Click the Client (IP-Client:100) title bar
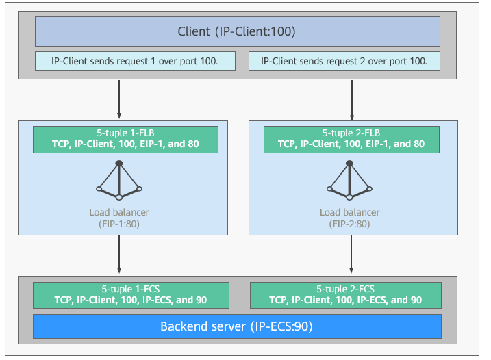click(238, 31)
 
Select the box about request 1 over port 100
click(135, 61)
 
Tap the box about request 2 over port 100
click(344, 61)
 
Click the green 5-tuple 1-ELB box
click(125, 140)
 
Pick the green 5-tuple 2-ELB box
click(351, 140)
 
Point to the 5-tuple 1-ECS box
click(131, 295)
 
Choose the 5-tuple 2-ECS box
click(346, 295)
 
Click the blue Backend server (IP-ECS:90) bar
click(237, 326)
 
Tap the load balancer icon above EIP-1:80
click(119, 180)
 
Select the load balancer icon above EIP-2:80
click(349, 180)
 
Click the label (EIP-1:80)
click(119, 224)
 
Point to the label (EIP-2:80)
click(349, 224)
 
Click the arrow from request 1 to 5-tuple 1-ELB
click(119, 99)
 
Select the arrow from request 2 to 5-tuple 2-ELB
click(352, 101)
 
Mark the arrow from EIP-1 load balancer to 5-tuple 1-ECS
click(119, 255)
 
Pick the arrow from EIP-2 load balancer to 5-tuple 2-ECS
click(351, 255)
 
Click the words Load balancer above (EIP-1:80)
click(119, 212)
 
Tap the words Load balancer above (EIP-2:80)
click(349, 212)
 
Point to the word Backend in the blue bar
click(184, 326)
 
